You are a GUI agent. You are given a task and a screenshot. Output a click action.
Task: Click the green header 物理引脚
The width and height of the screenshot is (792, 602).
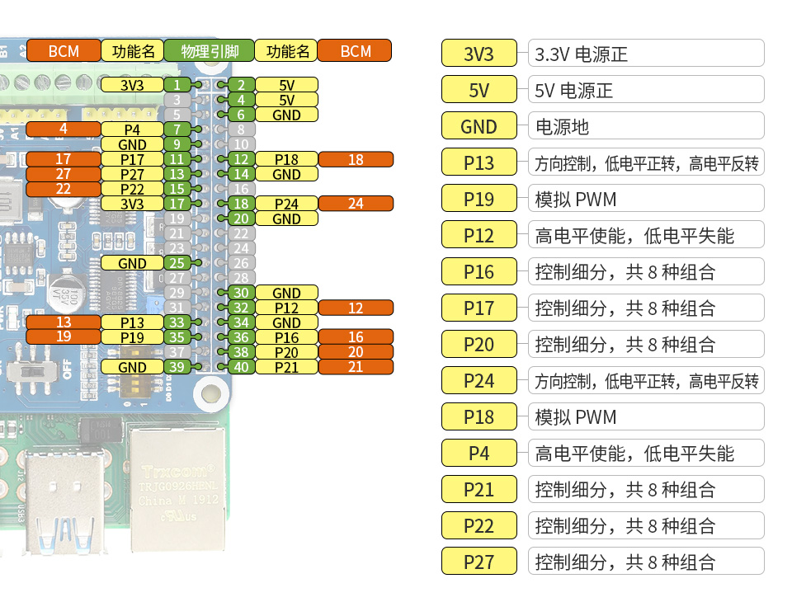(x=209, y=51)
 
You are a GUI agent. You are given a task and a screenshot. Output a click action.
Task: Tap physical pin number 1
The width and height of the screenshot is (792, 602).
(x=176, y=85)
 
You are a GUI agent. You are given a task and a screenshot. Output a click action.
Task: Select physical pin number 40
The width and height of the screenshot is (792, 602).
(x=241, y=367)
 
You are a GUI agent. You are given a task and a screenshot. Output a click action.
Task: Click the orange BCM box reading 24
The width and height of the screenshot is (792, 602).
(x=356, y=204)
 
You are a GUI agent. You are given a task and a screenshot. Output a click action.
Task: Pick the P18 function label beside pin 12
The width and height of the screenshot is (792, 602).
(x=286, y=159)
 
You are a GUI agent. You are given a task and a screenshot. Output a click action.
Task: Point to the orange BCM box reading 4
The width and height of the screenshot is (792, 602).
(x=63, y=129)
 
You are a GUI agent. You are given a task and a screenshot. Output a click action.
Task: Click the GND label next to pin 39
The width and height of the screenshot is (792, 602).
(x=132, y=367)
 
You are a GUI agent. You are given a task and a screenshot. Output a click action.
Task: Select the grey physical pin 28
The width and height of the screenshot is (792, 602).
(x=241, y=278)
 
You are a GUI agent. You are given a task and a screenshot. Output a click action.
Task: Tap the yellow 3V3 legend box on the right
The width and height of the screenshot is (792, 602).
(x=478, y=54)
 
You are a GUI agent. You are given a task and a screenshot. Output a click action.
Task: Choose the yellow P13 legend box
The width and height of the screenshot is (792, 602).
(x=478, y=163)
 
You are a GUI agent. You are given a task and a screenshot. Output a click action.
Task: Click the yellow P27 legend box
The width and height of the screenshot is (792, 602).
(x=478, y=562)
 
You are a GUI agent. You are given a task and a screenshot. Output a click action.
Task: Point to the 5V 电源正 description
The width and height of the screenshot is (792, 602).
(x=574, y=91)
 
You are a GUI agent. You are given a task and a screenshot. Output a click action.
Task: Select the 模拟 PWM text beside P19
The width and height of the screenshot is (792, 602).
(x=576, y=200)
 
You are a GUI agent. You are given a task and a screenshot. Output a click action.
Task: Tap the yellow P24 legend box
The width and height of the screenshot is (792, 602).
(x=478, y=381)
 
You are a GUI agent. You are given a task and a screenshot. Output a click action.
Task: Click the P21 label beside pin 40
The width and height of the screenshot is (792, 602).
(x=286, y=367)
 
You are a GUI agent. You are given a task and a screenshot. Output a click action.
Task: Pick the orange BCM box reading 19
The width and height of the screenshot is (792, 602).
(x=63, y=337)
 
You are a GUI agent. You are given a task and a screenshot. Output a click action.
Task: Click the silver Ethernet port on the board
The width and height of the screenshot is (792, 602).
(x=178, y=487)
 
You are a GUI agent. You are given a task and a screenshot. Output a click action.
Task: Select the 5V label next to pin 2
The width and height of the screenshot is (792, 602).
(x=286, y=85)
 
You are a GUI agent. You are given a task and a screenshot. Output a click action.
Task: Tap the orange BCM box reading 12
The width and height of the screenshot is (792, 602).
(x=356, y=308)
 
